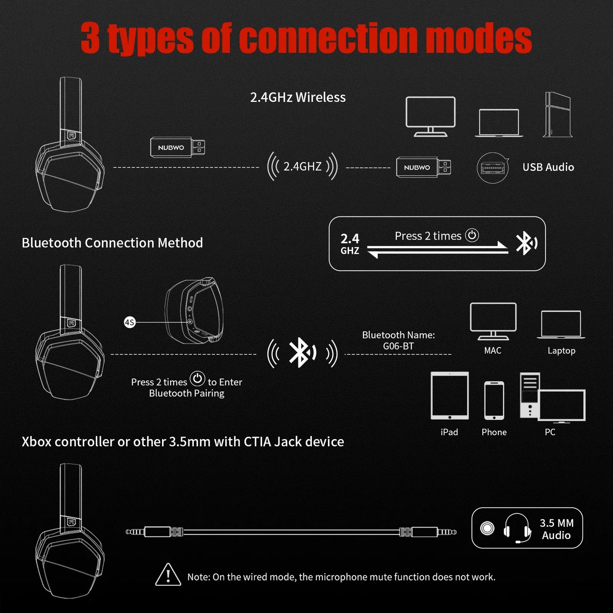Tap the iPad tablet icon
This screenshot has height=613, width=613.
click(450, 395)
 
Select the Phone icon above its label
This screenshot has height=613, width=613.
click(494, 400)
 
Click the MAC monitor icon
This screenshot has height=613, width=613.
click(493, 321)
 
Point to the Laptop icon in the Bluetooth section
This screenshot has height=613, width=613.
click(561, 325)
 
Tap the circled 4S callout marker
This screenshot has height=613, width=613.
click(129, 322)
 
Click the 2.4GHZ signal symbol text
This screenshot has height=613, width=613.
click(302, 166)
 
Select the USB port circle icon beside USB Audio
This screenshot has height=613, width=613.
click(493, 168)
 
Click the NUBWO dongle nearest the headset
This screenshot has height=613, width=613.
click(178, 147)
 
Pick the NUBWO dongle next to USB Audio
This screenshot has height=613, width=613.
click(423, 167)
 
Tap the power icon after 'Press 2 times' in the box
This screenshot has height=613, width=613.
click(472, 235)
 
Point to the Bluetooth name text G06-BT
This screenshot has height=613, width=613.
click(398, 346)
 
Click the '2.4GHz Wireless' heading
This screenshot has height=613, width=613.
click(298, 97)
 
